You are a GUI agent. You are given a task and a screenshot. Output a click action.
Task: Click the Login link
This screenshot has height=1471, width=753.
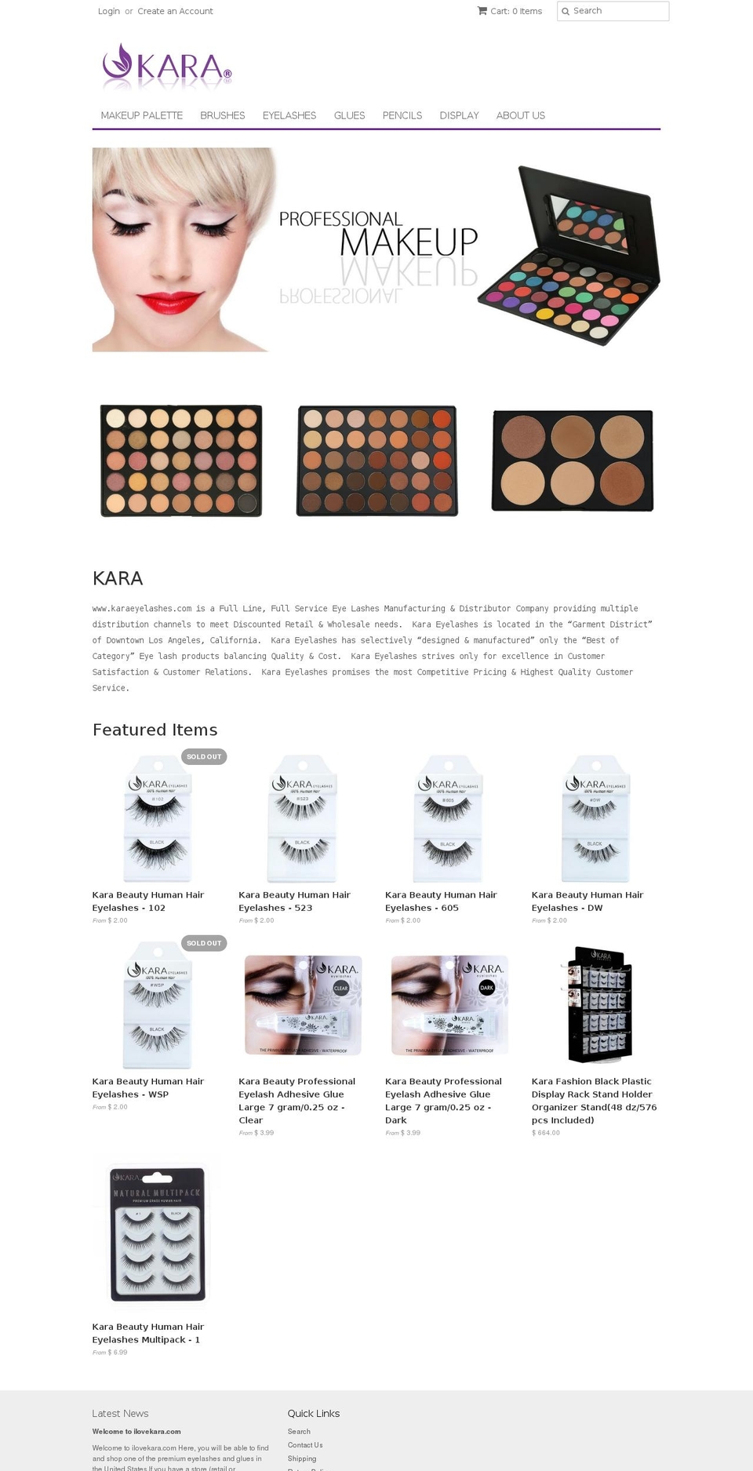(x=108, y=11)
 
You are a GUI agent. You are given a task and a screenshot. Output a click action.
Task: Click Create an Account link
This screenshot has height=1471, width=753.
(x=175, y=11)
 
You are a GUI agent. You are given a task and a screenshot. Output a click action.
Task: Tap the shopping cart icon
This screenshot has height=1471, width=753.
(x=482, y=11)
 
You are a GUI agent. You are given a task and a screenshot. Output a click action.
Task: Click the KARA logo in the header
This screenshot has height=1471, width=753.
(x=166, y=66)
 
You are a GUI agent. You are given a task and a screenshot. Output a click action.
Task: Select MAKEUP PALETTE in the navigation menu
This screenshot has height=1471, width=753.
(x=141, y=115)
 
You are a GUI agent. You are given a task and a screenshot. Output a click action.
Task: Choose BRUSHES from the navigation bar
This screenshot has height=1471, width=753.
(x=222, y=115)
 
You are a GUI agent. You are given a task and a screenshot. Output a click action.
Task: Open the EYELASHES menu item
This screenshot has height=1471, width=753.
(x=289, y=115)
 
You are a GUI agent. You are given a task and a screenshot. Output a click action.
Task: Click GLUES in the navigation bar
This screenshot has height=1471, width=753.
(x=349, y=115)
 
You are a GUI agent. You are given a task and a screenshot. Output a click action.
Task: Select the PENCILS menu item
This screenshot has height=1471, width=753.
(x=402, y=115)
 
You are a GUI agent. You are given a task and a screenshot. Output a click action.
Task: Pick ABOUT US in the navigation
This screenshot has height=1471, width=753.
(x=520, y=115)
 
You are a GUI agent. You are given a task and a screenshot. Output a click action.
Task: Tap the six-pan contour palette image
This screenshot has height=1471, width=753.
(x=572, y=461)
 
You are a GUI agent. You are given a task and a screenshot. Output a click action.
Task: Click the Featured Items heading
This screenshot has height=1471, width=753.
(x=155, y=730)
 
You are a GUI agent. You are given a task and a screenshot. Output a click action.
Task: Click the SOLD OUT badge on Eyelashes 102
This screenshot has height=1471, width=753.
(x=204, y=756)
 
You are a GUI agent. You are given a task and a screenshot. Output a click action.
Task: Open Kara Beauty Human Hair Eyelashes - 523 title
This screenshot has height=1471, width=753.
(x=294, y=901)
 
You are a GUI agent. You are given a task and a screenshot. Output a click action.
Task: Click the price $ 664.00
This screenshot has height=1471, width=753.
(x=545, y=1133)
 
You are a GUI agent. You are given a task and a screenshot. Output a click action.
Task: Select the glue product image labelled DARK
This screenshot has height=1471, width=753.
(x=449, y=1005)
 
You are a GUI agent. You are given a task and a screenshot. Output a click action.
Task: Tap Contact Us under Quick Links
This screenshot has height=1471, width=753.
(x=304, y=1445)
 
